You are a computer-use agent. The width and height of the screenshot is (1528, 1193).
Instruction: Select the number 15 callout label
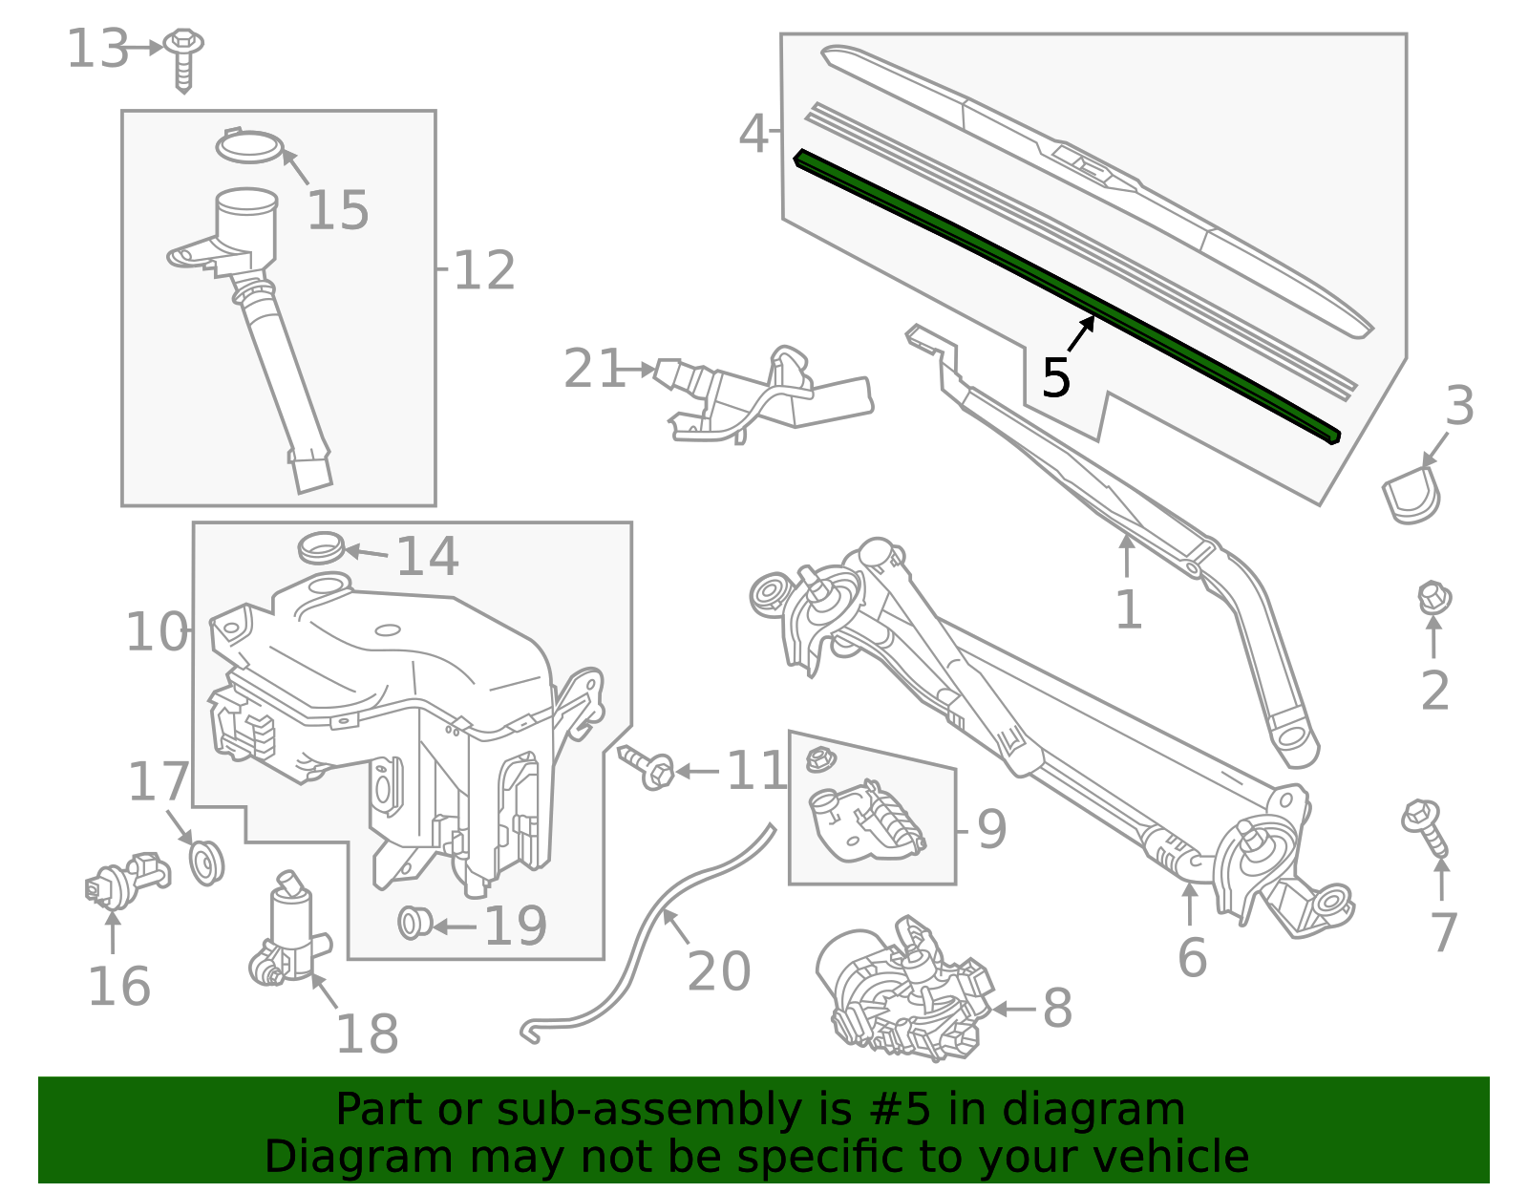tap(337, 210)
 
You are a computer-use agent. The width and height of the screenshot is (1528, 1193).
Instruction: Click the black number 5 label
tap(1055, 378)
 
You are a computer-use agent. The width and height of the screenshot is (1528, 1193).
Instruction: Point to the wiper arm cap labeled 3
tap(1411, 495)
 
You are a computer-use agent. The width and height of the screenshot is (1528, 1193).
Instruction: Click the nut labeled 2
tap(1433, 599)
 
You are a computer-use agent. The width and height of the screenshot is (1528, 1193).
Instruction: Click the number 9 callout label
tap(991, 828)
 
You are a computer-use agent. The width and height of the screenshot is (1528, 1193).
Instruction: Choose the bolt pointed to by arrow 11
tap(649, 767)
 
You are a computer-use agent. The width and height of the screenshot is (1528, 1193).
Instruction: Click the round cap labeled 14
tap(321, 548)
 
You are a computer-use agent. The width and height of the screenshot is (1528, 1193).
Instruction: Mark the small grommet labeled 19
tap(414, 923)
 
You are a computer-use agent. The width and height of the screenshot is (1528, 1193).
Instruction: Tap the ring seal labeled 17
tap(205, 862)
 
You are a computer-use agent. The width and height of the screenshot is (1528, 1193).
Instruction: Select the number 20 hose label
tap(719, 971)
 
